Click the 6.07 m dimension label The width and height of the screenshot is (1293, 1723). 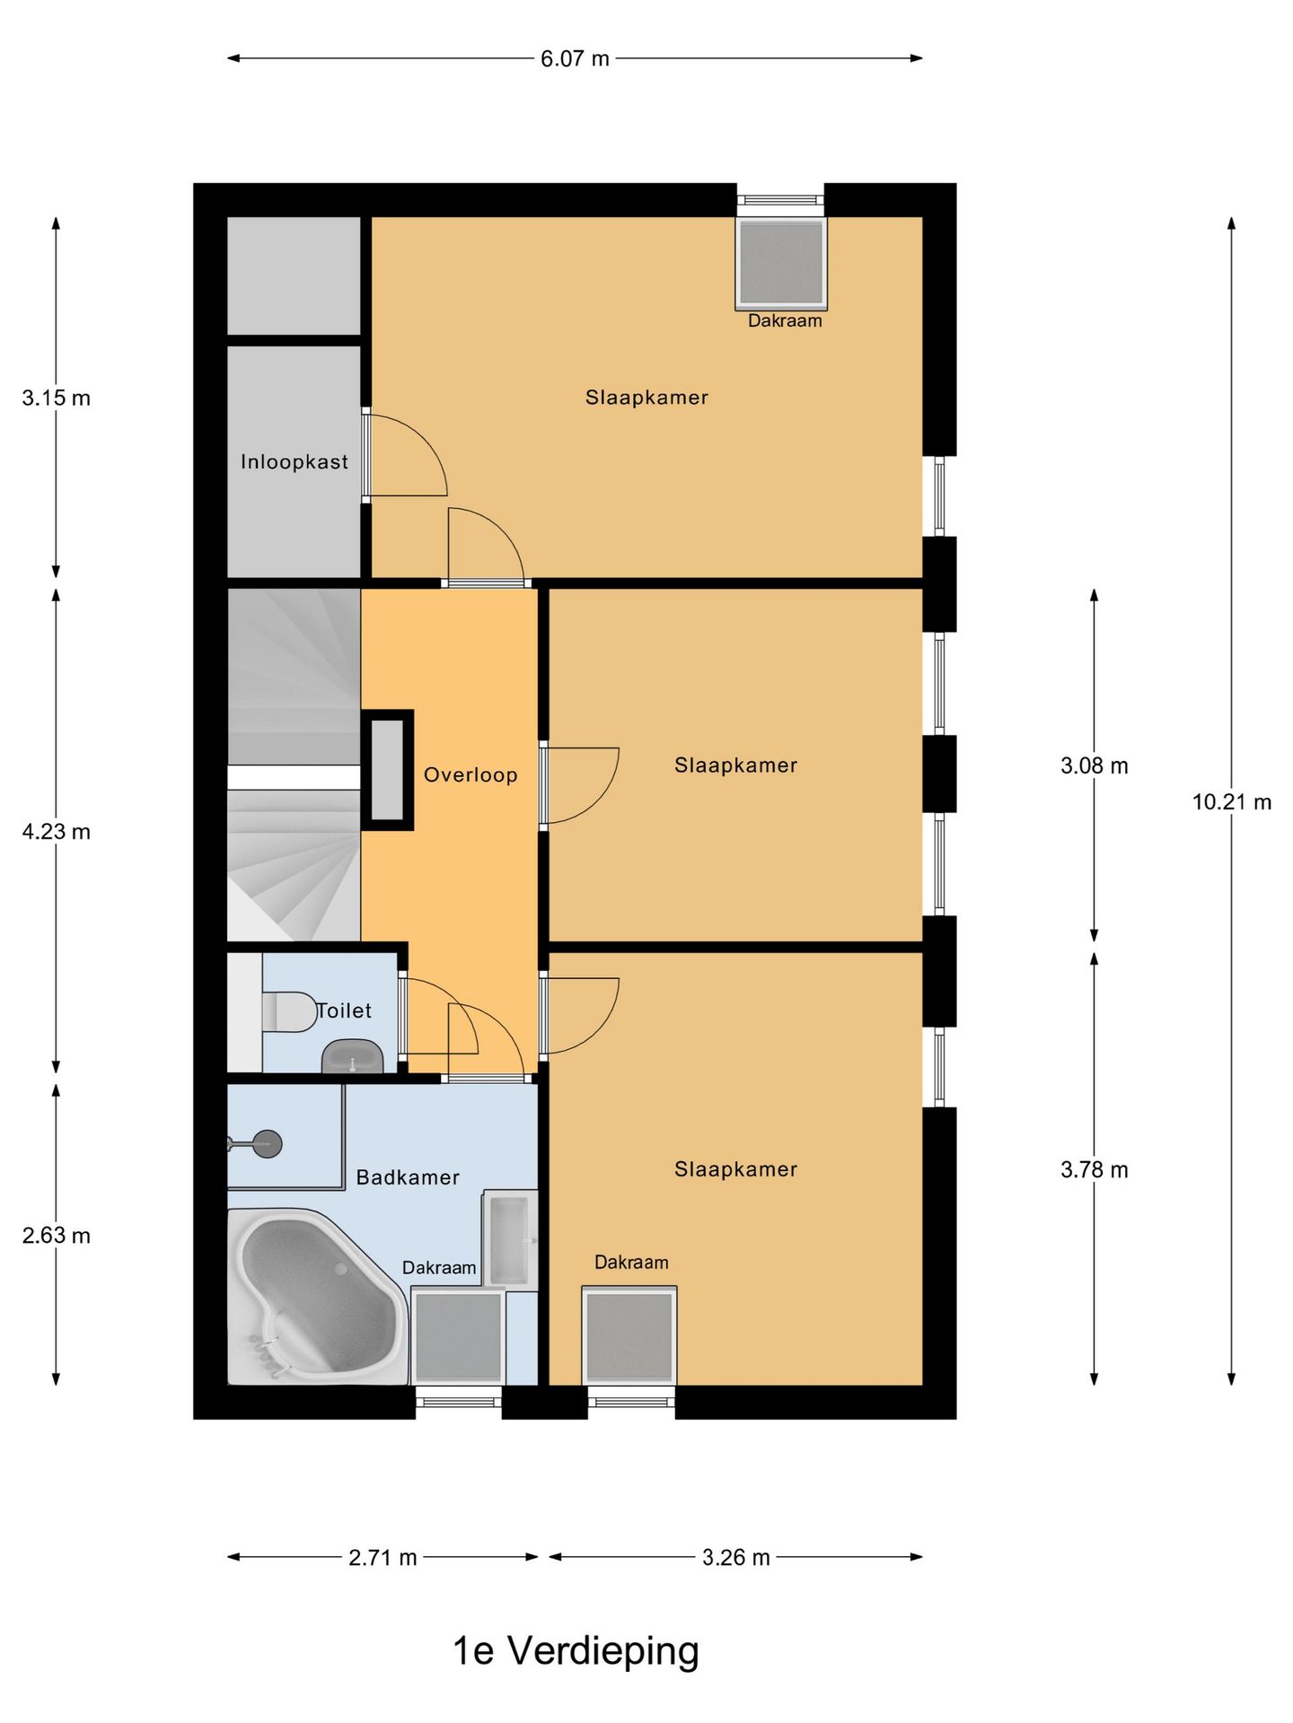(575, 59)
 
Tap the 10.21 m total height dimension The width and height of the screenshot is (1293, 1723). (1231, 802)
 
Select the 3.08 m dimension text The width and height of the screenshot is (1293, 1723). (1094, 766)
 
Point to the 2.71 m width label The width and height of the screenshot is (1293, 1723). (383, 1558)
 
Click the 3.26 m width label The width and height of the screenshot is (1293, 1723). (735, 1558)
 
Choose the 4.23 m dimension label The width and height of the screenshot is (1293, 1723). (56, 832)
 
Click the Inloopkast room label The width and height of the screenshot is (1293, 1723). (295, 462)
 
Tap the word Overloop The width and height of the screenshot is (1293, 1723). (471, 775)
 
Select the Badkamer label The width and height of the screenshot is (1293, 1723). (408, 1177)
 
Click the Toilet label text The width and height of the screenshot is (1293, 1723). (345, 1010)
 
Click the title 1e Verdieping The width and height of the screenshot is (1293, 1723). (576, 1651)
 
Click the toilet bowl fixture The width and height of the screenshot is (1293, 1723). (289, 1011)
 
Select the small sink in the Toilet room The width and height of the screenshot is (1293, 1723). (353, 1056)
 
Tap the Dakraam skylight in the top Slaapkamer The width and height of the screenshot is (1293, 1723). (780, 262)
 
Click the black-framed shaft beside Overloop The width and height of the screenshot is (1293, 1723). (387, 770)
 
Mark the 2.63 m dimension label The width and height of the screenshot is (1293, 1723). (56, 1236)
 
